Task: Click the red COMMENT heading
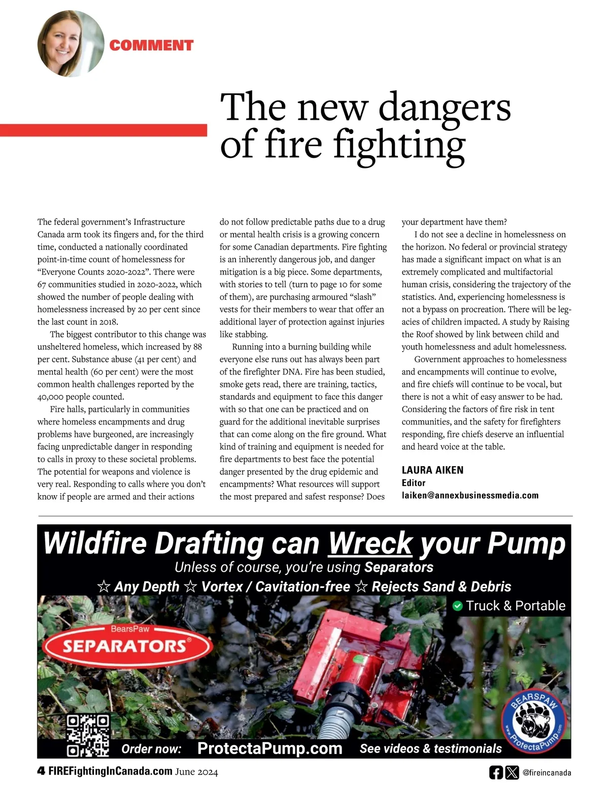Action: (151, 45)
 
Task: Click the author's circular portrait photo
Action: (71, 44)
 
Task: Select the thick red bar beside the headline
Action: (104, 130)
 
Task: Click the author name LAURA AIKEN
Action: (432, 470)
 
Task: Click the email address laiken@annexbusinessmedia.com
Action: (470, 495)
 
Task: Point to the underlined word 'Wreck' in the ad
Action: (370, 543)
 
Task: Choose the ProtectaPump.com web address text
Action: (269, 748)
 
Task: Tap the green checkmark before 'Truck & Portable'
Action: (457, 606)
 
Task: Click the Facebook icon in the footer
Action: (496, 773)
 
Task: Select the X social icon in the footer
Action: (512, 773)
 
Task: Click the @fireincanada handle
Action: (547, 773)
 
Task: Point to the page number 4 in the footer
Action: (41, 772)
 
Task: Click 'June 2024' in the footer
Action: (196, 772)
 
